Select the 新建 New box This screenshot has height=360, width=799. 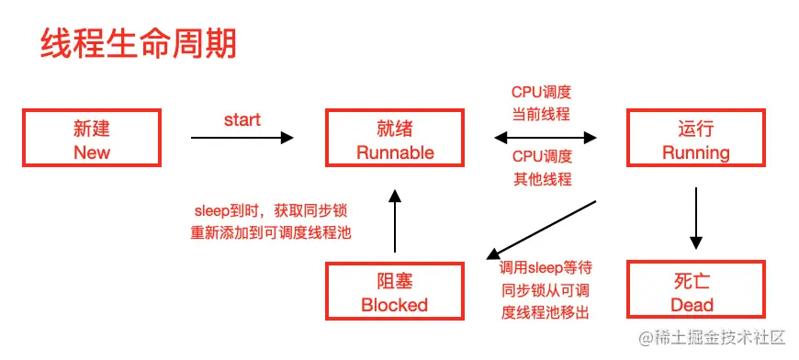[91, 139]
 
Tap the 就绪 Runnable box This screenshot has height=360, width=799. [395, 139]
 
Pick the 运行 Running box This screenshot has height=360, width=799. [696, 139]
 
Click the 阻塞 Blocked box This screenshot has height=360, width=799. [395, 291]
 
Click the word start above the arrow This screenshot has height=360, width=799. [242, 120]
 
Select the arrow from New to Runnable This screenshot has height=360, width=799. [242, 138]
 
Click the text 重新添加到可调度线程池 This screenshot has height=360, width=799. [272, 232]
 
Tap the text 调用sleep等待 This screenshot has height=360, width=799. [546, 268]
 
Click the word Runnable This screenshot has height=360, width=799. [395, 152]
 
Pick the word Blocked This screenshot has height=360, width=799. [395, 305]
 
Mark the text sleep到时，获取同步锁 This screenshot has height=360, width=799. [272, 210]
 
